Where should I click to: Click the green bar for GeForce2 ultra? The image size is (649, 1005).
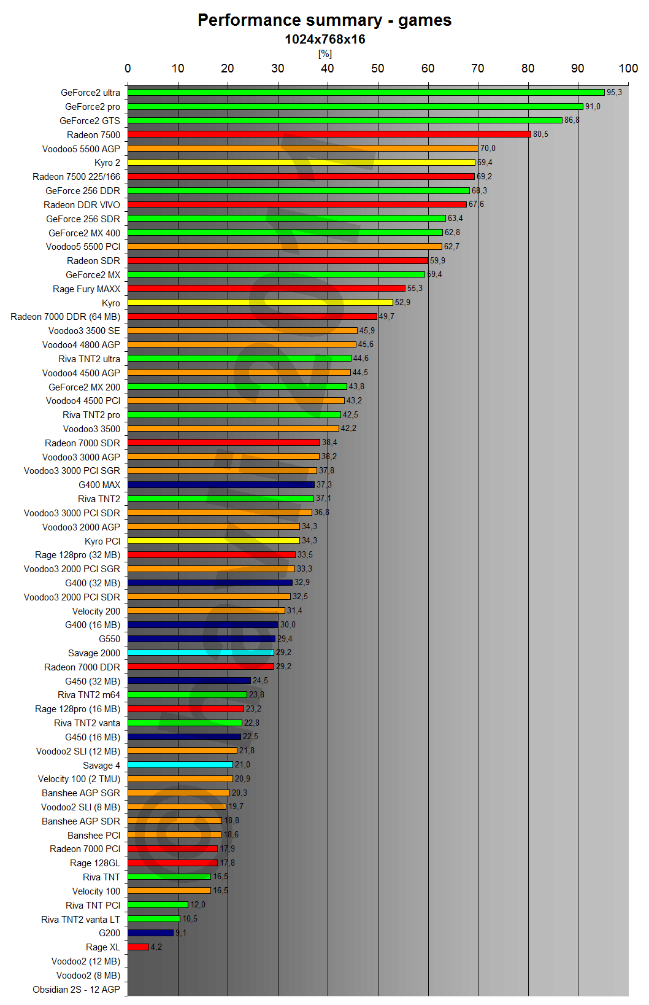[x=366, y=93]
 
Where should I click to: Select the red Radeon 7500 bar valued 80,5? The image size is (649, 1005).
[x=329, y=134]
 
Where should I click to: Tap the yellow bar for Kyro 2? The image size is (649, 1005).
[x=301, y=163]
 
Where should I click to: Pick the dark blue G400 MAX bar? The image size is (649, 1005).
[x=221, y=484]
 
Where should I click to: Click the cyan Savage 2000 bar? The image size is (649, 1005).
[x=201, y=653]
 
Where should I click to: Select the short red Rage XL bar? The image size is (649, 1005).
[x=139, y=947]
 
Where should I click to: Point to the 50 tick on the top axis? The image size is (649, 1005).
[x=378, y=68]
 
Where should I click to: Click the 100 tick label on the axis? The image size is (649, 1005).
[x=628, y=68]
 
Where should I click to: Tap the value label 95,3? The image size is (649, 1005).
[x=614, y=93]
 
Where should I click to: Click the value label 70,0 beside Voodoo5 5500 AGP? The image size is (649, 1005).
[x=488, y=149]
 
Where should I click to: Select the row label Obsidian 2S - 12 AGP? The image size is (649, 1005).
[x=77, y=989]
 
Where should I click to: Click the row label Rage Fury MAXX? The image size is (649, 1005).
[x=86, y=289]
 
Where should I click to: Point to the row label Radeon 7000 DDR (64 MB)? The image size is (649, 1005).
[x=66, y=317]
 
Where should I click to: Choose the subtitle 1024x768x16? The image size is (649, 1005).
[x=324, y=39]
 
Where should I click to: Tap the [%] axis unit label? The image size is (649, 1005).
[x=324, y=54]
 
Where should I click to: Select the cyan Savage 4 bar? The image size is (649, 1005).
[x=180, y=764]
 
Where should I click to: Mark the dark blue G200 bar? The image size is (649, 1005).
[x=151, y=933]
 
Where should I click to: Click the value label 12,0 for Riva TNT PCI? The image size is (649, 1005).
[x=198, y=905]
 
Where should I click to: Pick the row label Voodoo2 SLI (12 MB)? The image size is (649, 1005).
[x=79, y=751]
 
